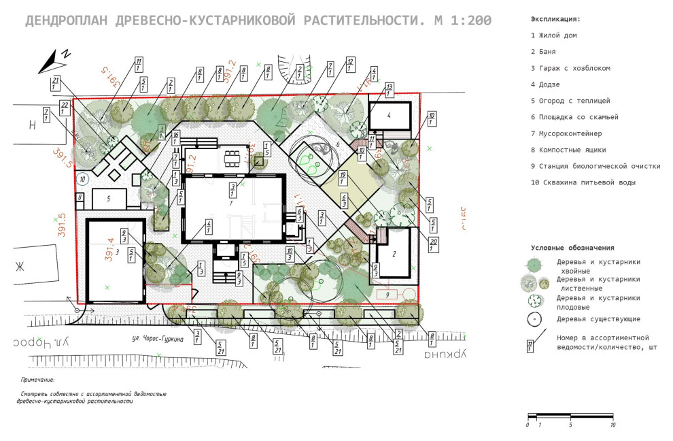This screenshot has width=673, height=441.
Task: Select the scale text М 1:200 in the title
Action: click(462, 20)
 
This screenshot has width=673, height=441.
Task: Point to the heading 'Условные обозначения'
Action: click(572, 248)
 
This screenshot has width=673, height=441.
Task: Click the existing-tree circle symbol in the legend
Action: click(536, 318)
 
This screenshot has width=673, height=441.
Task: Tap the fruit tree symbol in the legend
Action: click(536, 300)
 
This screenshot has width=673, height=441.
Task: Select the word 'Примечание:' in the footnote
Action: click(37, 380)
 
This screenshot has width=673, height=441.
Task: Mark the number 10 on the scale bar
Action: click(613, 425)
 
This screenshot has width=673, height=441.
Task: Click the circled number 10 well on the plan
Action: click(82, 180)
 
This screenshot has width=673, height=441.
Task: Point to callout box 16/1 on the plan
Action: click(175, 137)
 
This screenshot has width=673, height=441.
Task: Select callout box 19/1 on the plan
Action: click(344, 178)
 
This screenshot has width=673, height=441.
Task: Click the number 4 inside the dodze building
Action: click(390, 116)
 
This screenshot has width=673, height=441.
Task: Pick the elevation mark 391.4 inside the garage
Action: click(109, 249)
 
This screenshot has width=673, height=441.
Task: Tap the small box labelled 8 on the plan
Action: click(80, 197)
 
